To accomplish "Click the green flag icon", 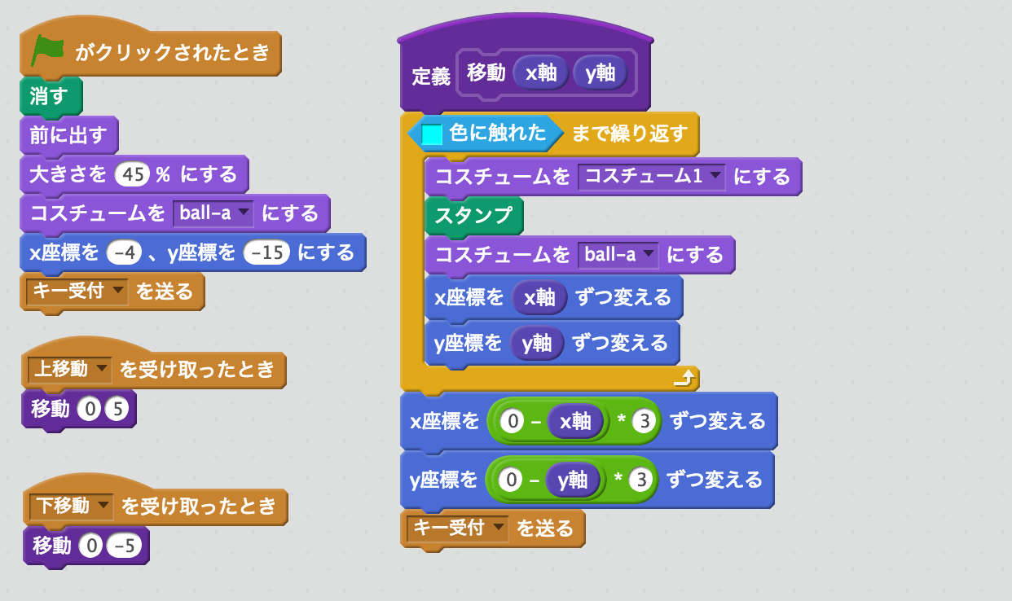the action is pos(47,50).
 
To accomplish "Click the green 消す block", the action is pos(51,96).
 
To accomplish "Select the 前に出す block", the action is pos(68,135).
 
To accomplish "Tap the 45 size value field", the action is pos(132,174).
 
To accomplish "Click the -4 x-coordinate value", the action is pos(124,252).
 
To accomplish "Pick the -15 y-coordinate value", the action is pos(266,252).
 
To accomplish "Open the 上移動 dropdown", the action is pos(69,370).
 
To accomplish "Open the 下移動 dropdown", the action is pos(71,506).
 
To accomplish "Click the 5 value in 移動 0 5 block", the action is pos(117,409).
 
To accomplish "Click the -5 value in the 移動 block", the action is pos(124,546).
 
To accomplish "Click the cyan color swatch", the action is pos(432,134).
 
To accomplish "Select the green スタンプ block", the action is pos(474,215).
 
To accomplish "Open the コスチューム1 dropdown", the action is pos(652,177).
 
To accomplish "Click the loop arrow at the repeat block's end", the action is pos(684,378).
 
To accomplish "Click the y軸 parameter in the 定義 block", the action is pos(601,72).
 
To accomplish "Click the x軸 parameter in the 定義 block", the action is pos(541,72).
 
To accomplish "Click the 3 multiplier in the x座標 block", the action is pos(645,421).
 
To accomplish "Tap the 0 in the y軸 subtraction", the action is pos(511,480).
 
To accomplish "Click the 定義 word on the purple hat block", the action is pos(430,77).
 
